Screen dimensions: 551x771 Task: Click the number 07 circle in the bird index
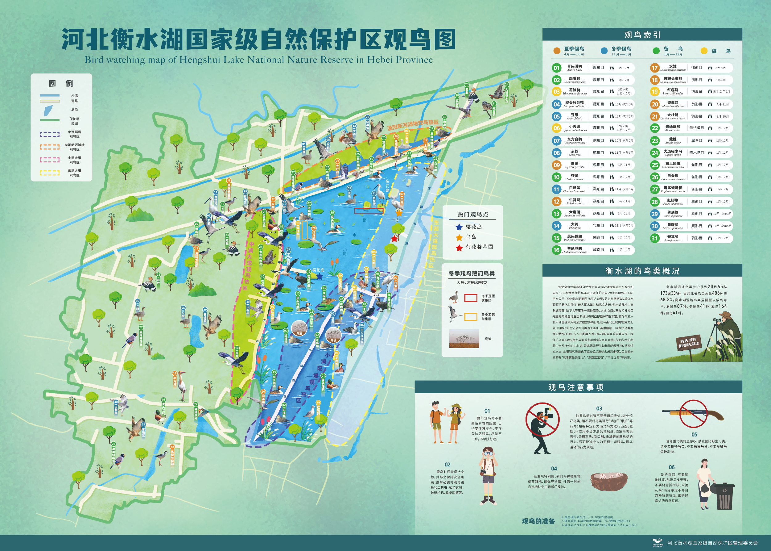point(556,140)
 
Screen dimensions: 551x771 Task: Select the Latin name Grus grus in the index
point(574,155)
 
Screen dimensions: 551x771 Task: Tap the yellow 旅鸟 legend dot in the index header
point(704,51)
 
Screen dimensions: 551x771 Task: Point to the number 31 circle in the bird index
point(654,238)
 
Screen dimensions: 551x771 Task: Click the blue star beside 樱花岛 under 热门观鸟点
point(459,227)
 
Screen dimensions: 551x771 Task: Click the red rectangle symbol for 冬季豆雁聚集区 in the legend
point(470,298)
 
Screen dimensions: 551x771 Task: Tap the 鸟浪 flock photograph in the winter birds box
point(464,339)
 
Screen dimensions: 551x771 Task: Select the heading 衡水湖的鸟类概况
point(642,271)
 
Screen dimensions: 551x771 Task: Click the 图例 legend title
point(61,83)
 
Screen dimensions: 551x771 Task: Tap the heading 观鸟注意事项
point(575,387)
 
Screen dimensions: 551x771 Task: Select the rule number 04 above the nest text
point(554,469)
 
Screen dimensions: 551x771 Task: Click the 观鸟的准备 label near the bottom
point(538,521)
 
